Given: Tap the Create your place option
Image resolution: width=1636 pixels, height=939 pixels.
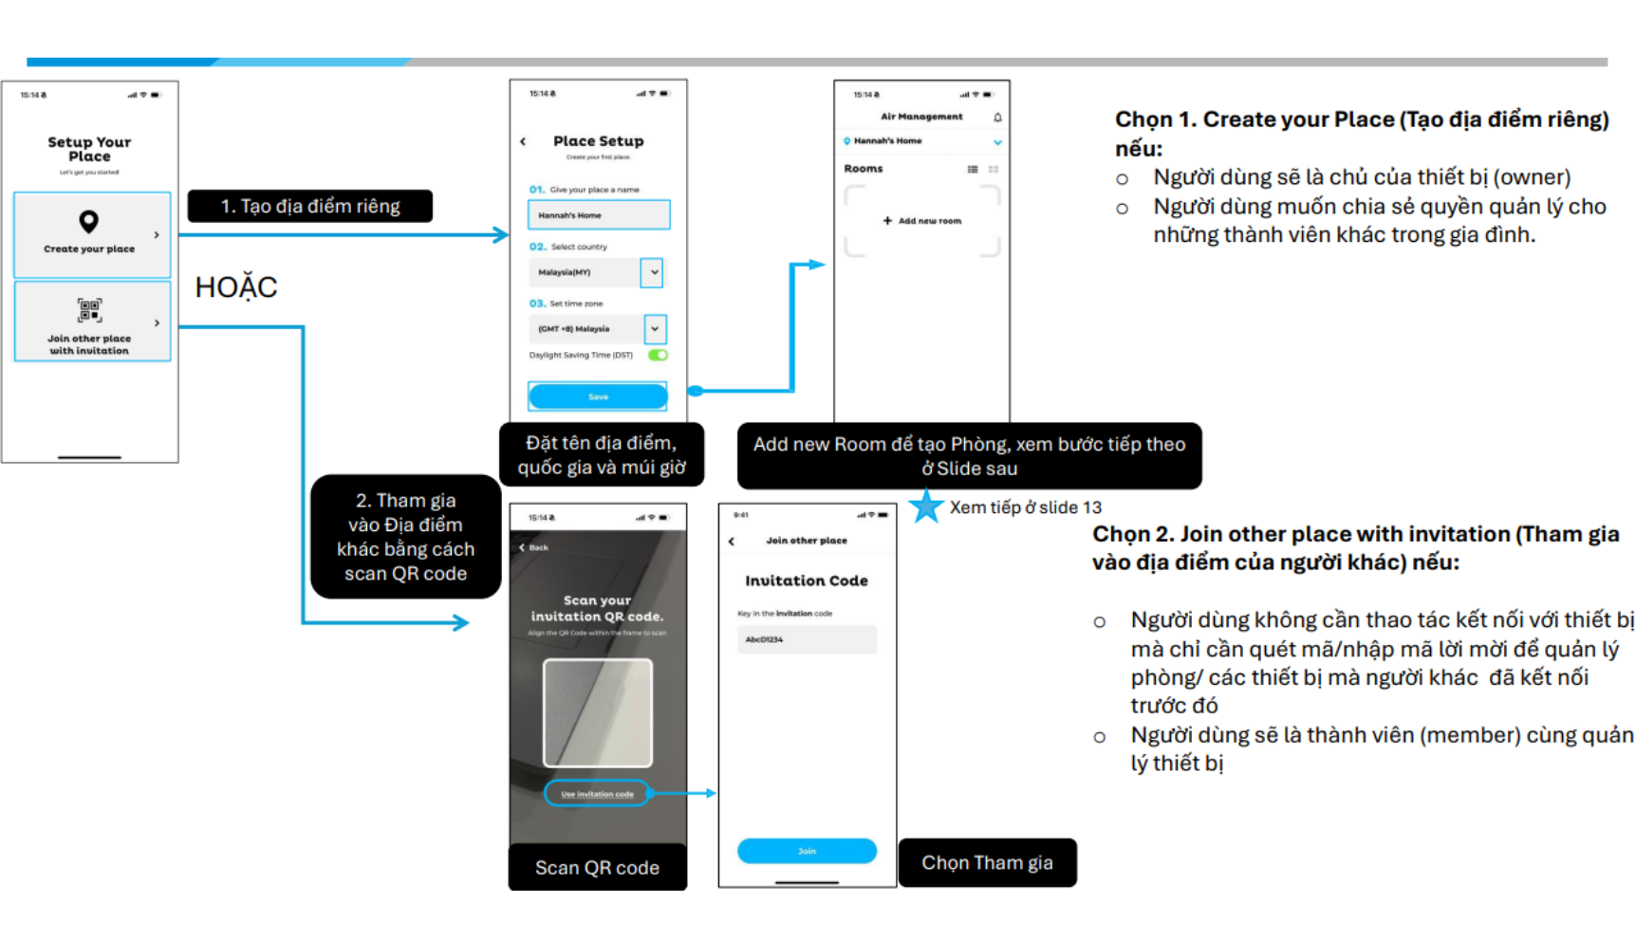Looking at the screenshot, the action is coord(91,235).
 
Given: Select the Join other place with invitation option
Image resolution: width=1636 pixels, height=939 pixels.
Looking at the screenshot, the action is coord(91,322).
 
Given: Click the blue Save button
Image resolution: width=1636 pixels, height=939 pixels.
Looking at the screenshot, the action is coord(598,396).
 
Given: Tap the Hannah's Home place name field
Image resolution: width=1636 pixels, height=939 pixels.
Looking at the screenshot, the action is coord(599,215).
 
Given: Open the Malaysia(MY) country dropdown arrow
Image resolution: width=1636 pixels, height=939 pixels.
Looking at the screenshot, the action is coord(654,272).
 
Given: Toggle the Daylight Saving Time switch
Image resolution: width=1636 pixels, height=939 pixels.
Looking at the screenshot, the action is coord(658,355).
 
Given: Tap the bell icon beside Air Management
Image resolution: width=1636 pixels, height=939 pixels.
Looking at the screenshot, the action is coord(997,118).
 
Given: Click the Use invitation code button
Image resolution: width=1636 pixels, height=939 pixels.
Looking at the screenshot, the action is coord(597,794).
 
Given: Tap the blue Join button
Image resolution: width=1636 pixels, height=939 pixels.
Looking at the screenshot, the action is coord(807,851).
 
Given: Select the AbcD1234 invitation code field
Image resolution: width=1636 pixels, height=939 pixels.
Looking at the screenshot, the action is coord(807,639).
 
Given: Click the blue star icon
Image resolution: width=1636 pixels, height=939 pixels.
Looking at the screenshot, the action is coord(926,506).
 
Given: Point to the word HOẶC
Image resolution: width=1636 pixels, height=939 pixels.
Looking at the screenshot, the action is coord(236,287).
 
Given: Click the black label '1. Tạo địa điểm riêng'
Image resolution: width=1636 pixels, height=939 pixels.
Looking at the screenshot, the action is coord(310,206).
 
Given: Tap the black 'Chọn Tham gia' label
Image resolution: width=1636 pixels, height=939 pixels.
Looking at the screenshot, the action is coord(987,863).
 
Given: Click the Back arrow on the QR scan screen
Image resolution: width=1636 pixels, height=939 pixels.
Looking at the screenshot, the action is coord(533,547).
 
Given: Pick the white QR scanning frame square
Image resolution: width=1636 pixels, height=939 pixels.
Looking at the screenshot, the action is coord(598,712).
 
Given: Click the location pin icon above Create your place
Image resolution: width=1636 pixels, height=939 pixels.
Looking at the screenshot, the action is coord(89,221).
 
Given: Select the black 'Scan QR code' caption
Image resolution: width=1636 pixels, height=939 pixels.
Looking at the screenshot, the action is coord(597,868).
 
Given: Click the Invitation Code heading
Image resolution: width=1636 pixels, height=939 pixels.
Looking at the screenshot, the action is coord(807,580).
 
